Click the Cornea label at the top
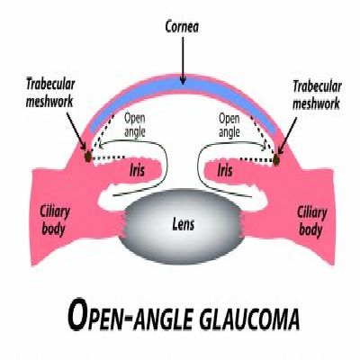tap(182, 27)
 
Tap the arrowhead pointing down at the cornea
tap(183, 80)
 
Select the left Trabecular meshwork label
tap(50, 93)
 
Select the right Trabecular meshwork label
tap(317, 94)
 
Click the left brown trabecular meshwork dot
tap(88, 157)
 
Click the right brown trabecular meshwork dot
tap(276, 160)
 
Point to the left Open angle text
tap(135, 125)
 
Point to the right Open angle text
tap(229, 125)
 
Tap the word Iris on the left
tap(137, 170)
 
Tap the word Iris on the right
tap(225, 170)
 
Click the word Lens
tap(184, 224)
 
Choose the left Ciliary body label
tap(54, 220)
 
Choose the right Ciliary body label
tap(312, 221)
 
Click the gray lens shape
tap(182, 227)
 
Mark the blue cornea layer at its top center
tap(183, 85)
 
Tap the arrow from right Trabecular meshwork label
tap(287, 136)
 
